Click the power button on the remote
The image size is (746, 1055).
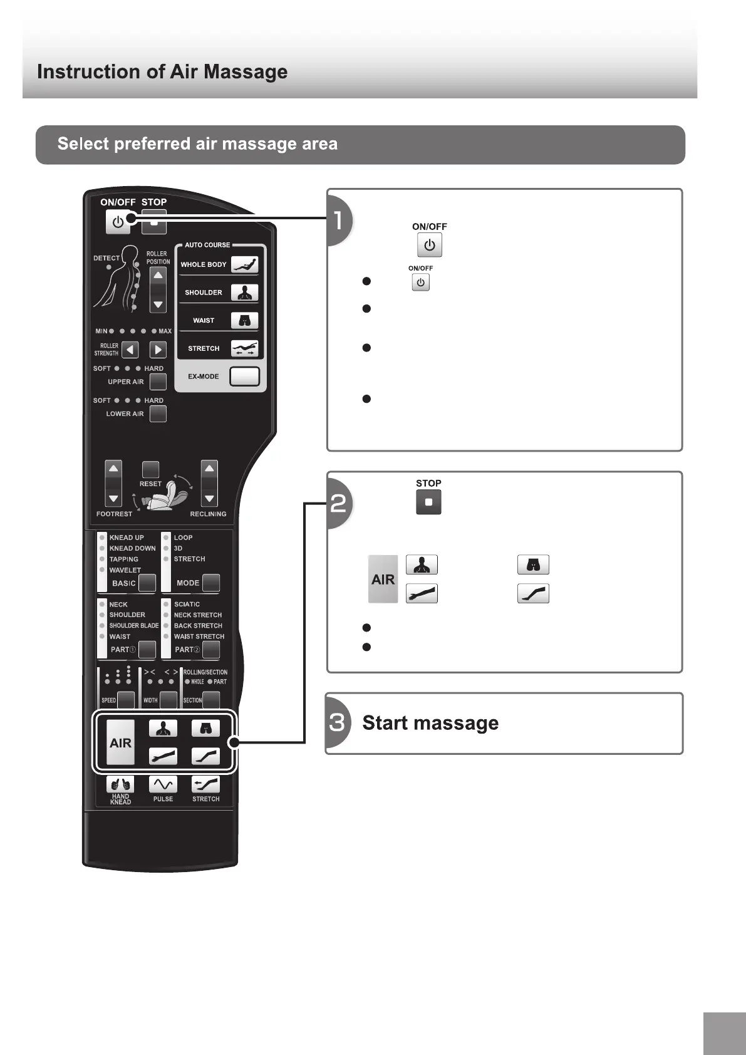(117, 222)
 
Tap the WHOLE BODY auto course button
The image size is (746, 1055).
(244, 264)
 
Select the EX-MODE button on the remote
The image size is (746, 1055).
(244, 376)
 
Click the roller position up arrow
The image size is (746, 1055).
(158, 276)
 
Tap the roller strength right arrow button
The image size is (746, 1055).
(158, 350)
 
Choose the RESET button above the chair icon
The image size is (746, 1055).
(150, 469)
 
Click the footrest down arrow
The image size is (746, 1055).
(113, 499)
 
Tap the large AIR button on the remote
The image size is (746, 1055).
(120, 742)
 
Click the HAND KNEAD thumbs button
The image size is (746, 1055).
(120, 784)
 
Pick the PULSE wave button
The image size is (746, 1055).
(163, 784)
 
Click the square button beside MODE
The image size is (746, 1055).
(211, 583)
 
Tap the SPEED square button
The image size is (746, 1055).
(126, 700)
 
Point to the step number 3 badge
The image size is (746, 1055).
(338, 723)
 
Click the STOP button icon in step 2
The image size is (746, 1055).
(428, 502)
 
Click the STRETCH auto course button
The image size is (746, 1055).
(244, 348)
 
